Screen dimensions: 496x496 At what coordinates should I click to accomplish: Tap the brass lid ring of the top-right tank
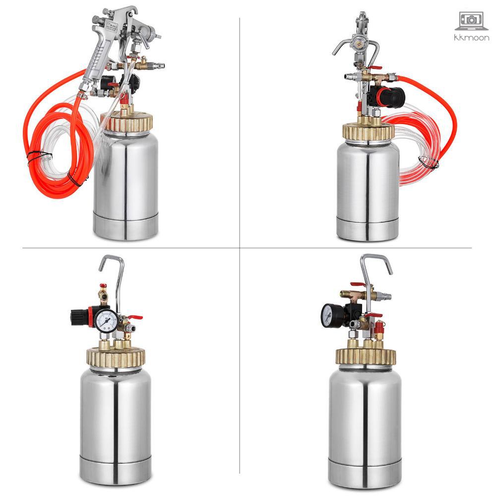tap(368, 131)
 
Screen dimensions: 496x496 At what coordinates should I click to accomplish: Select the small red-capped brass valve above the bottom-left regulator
tap(103, 293)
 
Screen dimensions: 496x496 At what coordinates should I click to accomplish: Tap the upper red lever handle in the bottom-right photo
tap(357, 285)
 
